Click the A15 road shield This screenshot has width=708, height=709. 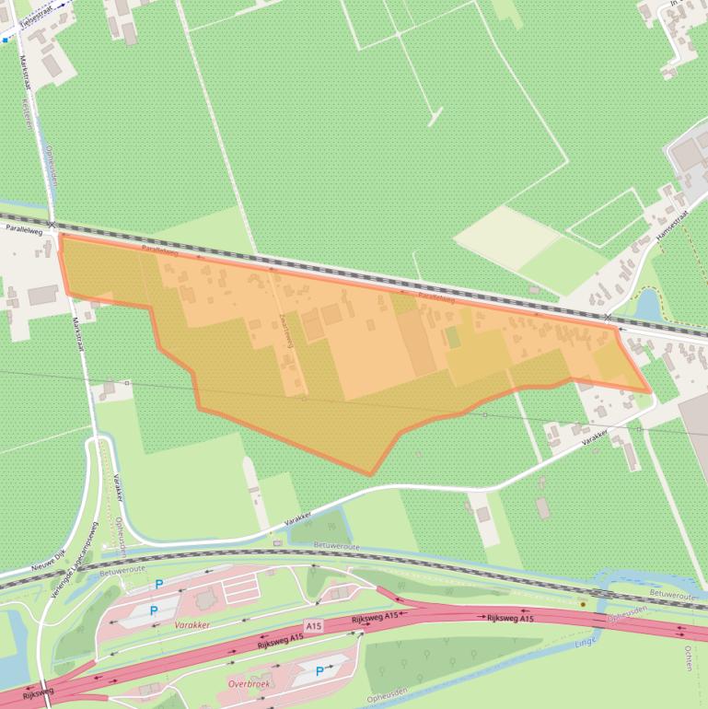click(x=315, y=626)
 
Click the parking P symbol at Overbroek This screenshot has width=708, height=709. click(x=319, y=671)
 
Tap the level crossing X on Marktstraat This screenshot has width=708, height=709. click(x=52, y=224)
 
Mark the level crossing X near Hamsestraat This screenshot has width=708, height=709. click(x=608, y=317)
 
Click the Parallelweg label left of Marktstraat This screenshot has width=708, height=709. click(x=23, y=231)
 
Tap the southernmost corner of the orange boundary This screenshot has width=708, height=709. click(x=371, y=475)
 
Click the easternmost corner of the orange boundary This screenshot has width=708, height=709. click(x=651, y=391)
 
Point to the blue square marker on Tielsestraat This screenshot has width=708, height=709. click(x=6, y=40)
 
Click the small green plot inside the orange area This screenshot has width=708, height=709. click(x=453, y=337)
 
